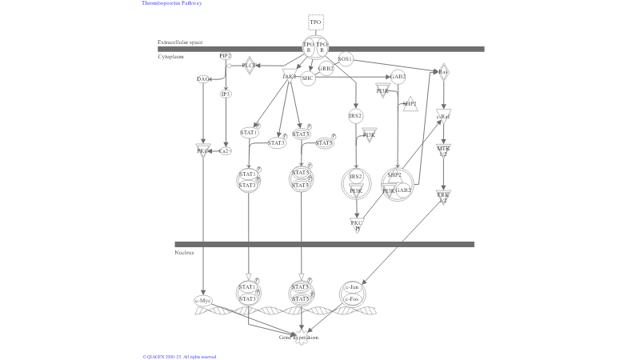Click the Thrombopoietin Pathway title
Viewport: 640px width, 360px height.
(x=172, y=3)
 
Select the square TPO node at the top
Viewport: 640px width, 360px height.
(x=316, y=22)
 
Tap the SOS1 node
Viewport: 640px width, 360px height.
(x=345, y=59)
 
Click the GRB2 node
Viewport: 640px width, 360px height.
(x=326, y=69)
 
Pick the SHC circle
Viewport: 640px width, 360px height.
(x=308, y=78)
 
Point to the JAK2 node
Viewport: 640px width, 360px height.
(x=290, y=75)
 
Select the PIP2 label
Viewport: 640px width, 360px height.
(x=226, y=56)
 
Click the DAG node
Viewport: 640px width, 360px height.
(x=203, y=79)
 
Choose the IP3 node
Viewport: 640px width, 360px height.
(x=226, y=94)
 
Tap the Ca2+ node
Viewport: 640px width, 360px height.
(x=225, y=150)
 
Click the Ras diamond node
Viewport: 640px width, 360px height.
(x=443, y=72)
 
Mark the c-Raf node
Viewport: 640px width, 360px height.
(x=443, y=117)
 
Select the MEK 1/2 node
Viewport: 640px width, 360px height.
(x=443, y=150)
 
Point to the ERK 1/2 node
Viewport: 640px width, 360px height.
(x=443, y=196)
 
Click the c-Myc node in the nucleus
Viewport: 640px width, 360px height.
(x=203, y=301)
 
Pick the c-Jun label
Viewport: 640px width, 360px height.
(x=351, y=287)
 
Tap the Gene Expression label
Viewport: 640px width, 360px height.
(x=298, y=338)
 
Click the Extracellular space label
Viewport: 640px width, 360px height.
(x=180, y=42)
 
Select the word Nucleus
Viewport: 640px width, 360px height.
(x=184, y=253)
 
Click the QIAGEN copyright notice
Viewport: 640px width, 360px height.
(x=179, y=357)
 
